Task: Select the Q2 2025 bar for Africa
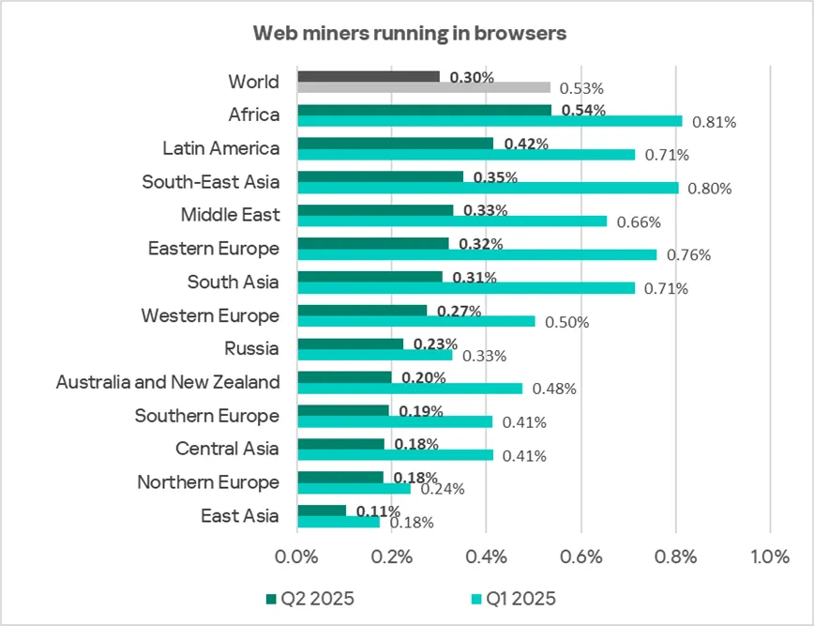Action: point(424,110)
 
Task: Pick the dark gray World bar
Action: point(368,76)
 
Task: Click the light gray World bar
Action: point(424,87)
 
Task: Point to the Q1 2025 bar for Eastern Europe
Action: point(477,254)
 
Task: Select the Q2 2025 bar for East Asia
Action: point(322,511)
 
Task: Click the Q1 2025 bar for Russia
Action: point(374,355)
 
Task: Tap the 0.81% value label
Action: point(713,122)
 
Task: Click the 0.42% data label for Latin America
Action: point(526,144)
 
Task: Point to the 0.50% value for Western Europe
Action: point(568,323)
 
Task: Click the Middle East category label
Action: point(230,215)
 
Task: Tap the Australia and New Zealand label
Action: point(168,382)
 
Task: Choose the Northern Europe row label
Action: point(208,482)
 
